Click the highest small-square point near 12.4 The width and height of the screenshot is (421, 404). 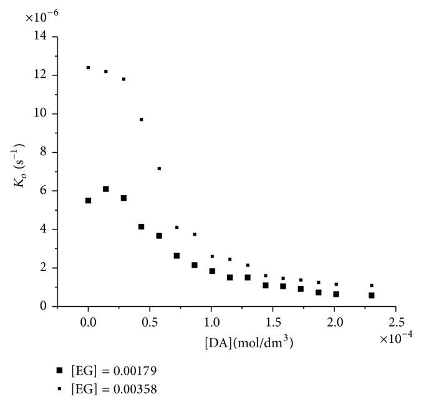point(89,67)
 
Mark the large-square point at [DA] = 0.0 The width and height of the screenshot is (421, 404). point(89,201)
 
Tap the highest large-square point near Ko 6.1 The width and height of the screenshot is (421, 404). point(106,189)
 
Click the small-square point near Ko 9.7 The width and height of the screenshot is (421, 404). point(142,119)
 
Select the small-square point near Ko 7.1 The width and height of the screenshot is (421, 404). point(159,168)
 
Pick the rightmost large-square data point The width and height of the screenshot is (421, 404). point(372,296)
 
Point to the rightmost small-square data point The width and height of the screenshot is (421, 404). point(372,286)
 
